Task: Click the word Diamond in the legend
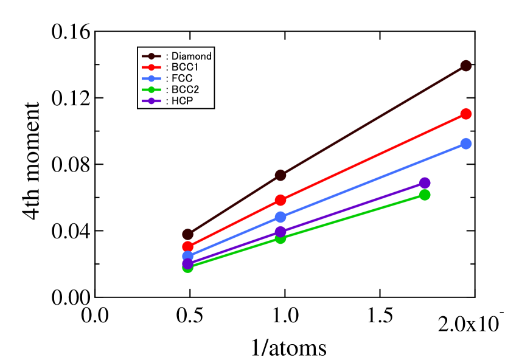click(192, 57)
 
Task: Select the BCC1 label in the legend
click(185, 67)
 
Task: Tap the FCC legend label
click(182, 78)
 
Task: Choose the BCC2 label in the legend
click(185, 89)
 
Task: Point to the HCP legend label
click(182, 101)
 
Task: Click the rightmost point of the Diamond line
click(466, 66)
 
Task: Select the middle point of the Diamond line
click(280, 175)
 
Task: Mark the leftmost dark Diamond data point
click(188, 234)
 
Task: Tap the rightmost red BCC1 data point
click(466, 114)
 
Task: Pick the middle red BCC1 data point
click(280, 200)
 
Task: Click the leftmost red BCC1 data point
click(188, 246)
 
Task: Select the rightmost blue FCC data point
click(466, 144)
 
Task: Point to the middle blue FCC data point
click(280, 217)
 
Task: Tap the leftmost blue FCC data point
click(188, 257)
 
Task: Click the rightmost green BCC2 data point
click(425, 195)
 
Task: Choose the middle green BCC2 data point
click(280, 238)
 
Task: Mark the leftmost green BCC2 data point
click(188, 267)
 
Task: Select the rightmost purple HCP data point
click(425, 183)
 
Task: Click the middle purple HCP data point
click(280, 232)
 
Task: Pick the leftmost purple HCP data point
click(188, 263)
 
